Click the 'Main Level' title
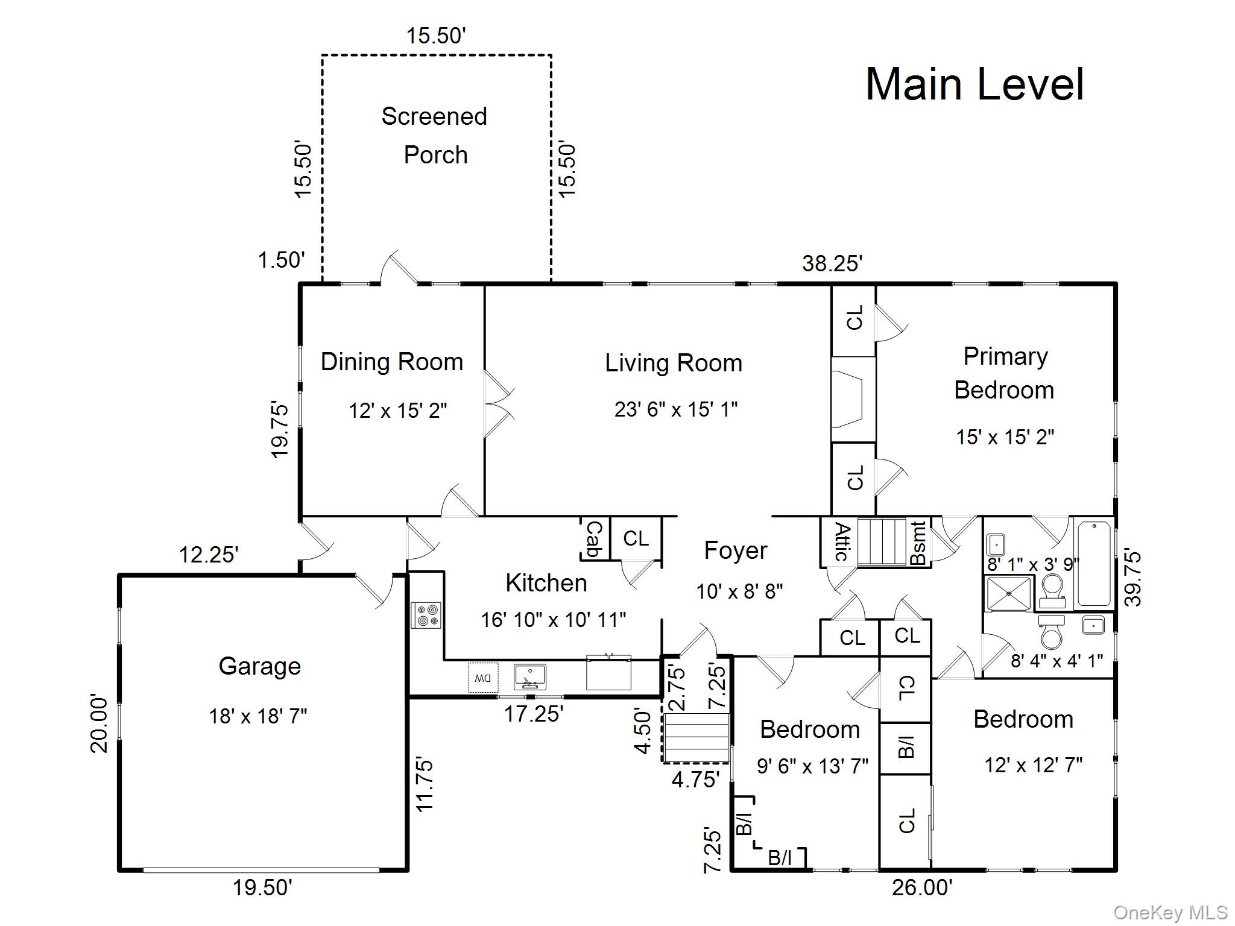tap(974, 84)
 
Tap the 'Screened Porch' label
tap(434, 136)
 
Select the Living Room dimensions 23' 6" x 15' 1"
tap(676, 409)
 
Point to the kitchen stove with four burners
tap(426, 615)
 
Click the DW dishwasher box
tap(483, 678)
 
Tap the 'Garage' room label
tap(260, 666)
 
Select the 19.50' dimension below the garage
tap(263, 887)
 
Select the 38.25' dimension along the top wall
tap(832, 263)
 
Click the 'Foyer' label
tap(736, 550)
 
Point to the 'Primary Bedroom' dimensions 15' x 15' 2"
tap(1005, 436)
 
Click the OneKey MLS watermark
tap(1170, 913)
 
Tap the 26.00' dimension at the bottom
tap(923, 887)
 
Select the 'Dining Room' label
tap(392, 362)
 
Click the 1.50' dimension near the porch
tap(282, 260)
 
